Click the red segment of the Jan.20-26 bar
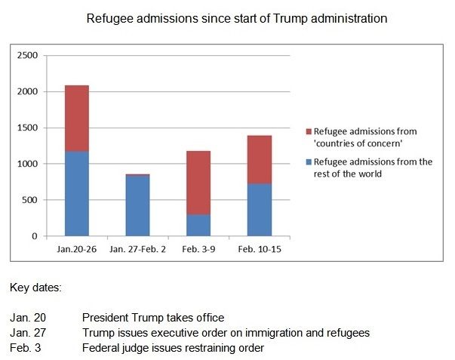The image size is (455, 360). pos(76,118)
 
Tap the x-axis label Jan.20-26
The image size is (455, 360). pos(76,248)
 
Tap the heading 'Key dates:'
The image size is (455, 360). pos(35,288)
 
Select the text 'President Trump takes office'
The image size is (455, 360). pos(153,318)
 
